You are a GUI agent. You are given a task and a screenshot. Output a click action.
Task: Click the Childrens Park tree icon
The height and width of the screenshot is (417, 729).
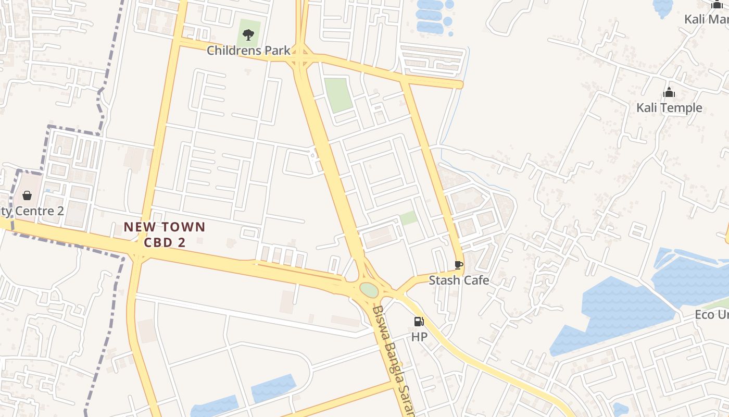[x=248, y=35]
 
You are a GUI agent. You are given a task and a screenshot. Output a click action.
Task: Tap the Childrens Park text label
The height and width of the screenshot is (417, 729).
[x=248, y=51]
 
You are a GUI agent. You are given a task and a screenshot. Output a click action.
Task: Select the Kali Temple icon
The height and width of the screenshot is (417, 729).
[x=669, y=93]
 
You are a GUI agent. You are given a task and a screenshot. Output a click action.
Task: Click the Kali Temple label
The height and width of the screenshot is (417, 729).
[x=669, y=108]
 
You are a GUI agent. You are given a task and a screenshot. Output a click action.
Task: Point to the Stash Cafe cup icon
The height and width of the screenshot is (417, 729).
[x=458, y=265]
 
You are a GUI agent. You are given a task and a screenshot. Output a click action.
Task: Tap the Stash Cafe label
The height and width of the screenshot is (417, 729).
[x=459, y=280]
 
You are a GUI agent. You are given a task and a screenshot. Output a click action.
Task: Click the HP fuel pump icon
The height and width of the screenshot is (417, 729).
[x=419, y=322]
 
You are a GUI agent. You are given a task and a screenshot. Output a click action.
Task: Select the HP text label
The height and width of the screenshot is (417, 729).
[x=419, y=337]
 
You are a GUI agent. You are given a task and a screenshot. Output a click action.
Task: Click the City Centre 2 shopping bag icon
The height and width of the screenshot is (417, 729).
[x=27, y=195]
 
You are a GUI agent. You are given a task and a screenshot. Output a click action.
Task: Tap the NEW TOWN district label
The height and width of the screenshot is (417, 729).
[x=165, y=227]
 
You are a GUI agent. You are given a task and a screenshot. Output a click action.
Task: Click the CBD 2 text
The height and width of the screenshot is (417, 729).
[x=165, y=242]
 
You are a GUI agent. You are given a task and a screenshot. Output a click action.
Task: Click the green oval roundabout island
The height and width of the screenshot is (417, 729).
[x=369, y=290]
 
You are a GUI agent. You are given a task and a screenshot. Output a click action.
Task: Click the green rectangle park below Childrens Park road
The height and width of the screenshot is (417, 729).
[x=338, y=95]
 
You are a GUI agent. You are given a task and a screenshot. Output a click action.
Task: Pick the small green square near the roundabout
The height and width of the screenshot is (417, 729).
[x=409, y=218]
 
